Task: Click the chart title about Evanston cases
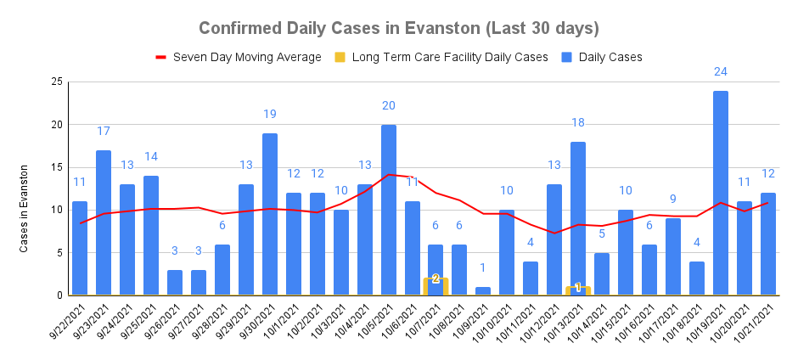[398, 28]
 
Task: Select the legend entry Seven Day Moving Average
[238, 57]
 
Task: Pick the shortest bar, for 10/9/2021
[483, 291]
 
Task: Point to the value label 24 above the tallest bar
[721, 71]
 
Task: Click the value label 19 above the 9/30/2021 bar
[270, 114]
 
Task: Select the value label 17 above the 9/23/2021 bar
[104, 131]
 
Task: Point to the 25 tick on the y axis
[56, 82]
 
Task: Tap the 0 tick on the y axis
[59, 295]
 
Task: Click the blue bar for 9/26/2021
[175, 283]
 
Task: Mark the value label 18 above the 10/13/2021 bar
[578, 122]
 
